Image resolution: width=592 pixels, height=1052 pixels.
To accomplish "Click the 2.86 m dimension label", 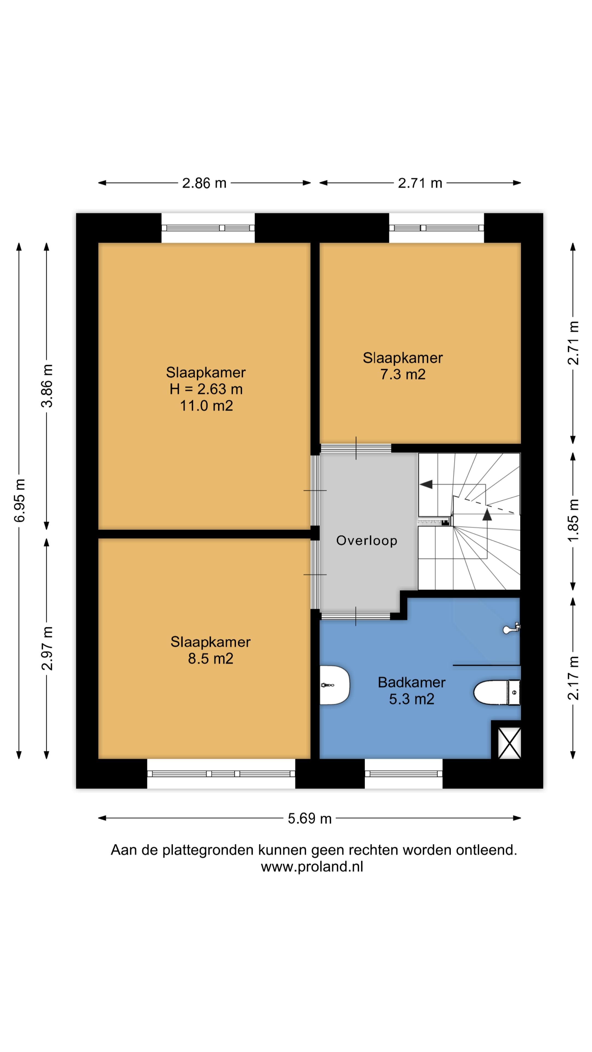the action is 204,183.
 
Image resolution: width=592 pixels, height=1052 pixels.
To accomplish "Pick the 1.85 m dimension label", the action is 573,520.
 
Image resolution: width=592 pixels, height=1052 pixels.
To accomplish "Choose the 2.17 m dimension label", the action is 573,678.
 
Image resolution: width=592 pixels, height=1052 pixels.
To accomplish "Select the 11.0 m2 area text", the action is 206,405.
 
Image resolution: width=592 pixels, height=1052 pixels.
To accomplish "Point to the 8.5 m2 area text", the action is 210,658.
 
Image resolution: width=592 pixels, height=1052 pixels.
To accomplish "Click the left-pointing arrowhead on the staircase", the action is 426,484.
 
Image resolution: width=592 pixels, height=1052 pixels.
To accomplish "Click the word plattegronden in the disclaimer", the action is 208,850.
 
